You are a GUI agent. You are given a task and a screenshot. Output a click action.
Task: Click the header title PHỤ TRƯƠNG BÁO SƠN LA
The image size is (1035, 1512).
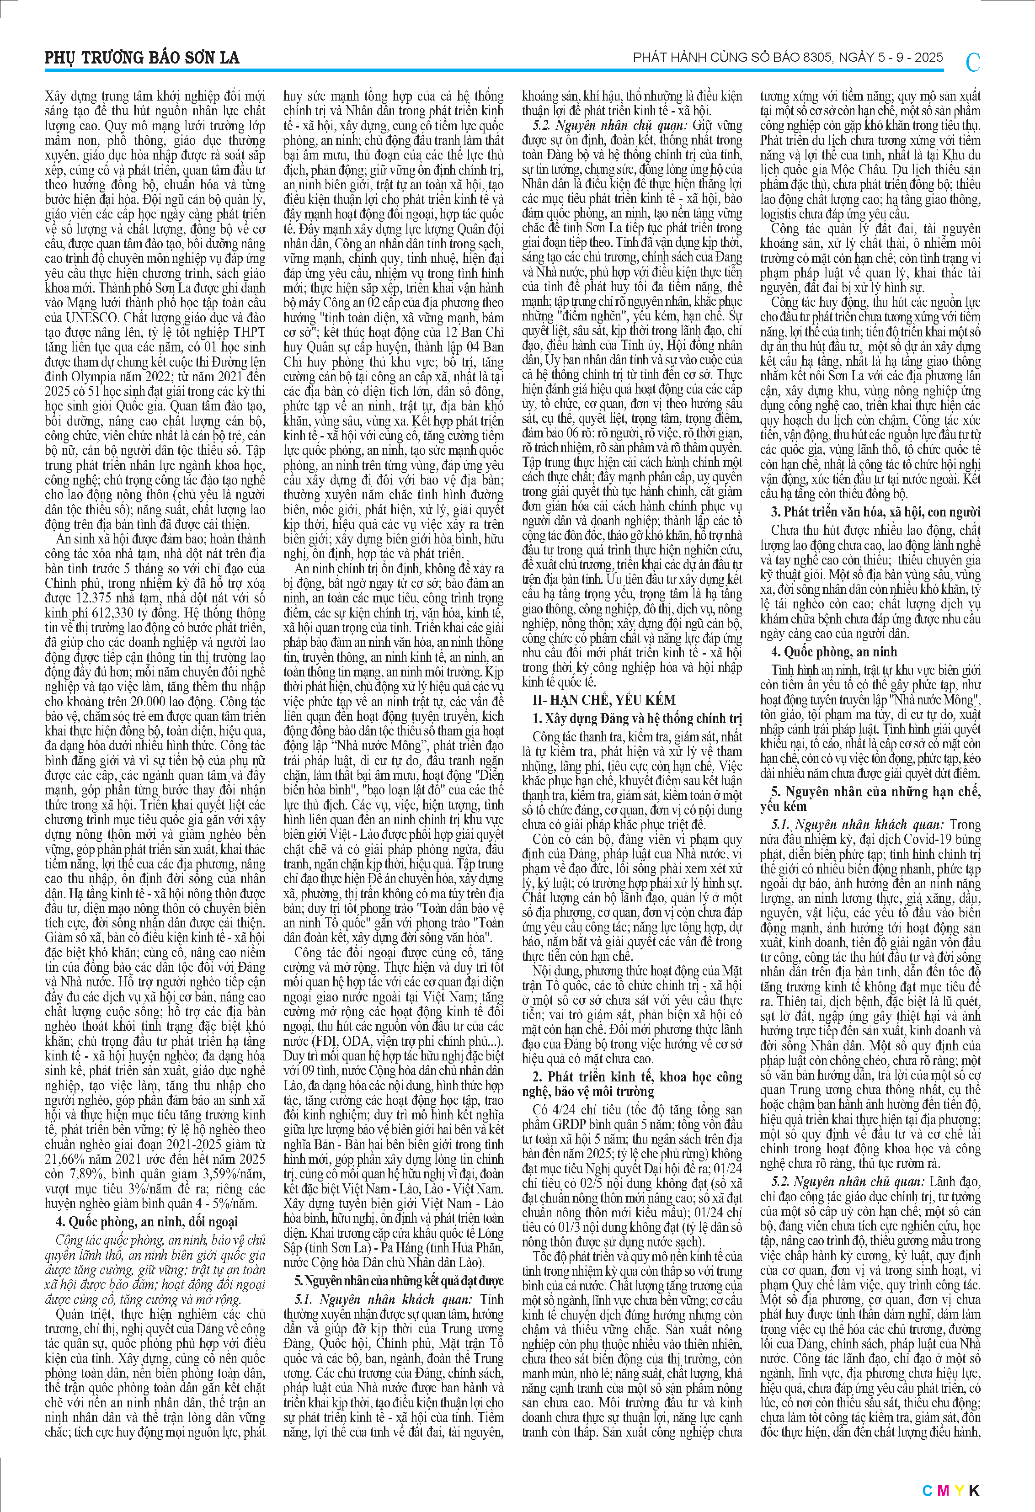click(x=142, y=58)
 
